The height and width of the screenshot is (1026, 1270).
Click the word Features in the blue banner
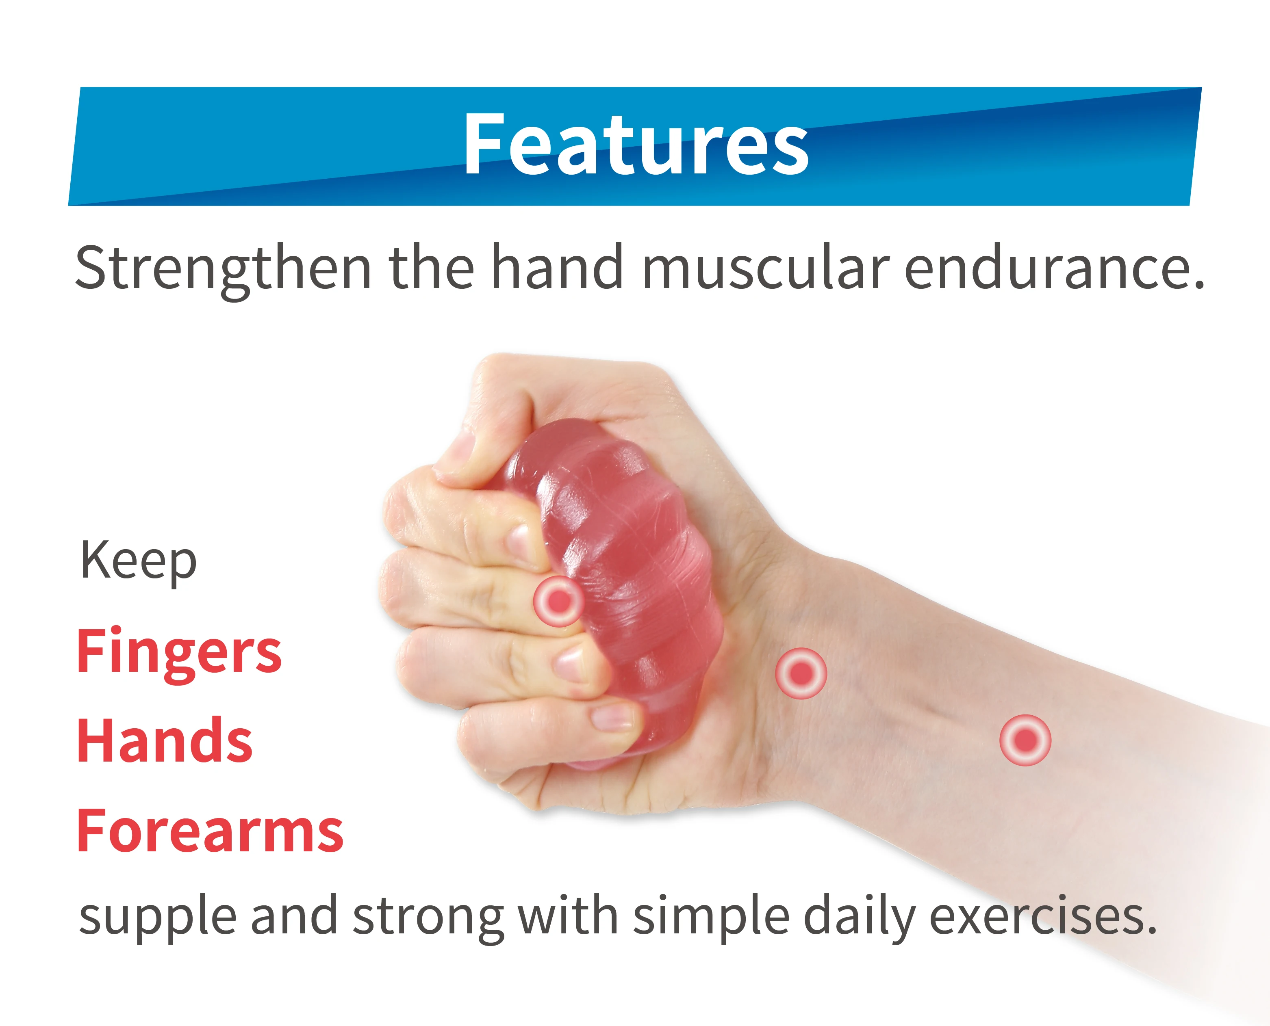pyautogui.click(x=636, y=145)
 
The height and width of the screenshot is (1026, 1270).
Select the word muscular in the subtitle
pyautogui.click(x=766, y=268)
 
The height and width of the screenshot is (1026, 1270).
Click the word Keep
pyautogui.click(x=138, y=561)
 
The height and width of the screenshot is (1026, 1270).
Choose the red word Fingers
pyautogui.click(x=179, y=652)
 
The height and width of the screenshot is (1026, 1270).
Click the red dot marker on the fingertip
pyautogui.click(x=558, y=601)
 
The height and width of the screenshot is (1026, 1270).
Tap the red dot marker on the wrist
pyautogui.click(x=801, y=673)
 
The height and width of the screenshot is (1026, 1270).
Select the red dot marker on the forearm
pyautogui.click(x=1025, y=740)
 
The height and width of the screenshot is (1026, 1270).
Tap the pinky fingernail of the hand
pyautogui.click(x=612, y=717)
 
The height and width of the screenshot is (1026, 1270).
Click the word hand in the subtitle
pyautogui.click(x=557, y=268)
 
